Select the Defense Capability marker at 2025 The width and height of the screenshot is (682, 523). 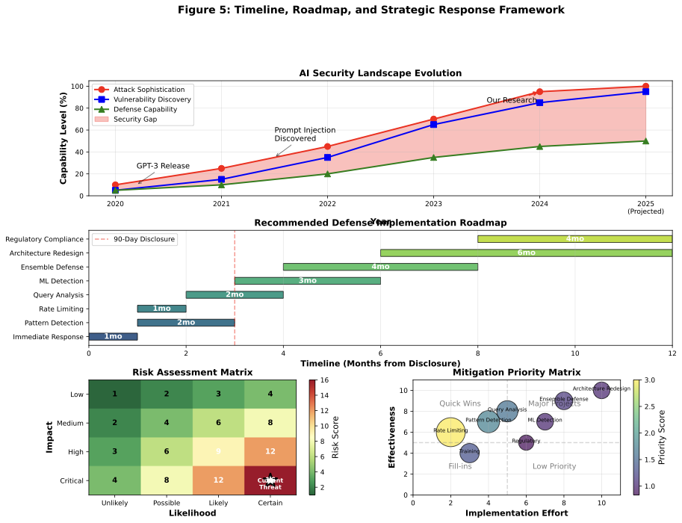645,140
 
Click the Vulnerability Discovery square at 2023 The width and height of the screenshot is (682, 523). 433,124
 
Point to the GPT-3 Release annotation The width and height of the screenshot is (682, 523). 163,166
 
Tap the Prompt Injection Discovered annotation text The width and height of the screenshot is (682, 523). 305,134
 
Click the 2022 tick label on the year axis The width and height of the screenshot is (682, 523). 327,203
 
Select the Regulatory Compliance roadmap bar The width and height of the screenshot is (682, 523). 574,239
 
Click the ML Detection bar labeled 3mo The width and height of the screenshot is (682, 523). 307,281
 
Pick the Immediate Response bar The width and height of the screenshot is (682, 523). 113,337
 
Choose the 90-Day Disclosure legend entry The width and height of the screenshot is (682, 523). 134,239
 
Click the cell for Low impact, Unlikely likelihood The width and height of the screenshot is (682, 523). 114,394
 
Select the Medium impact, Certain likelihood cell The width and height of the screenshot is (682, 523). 270,423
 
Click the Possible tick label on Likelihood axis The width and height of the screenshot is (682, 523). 167,504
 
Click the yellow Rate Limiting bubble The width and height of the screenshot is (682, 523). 450,431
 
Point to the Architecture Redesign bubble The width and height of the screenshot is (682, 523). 601,389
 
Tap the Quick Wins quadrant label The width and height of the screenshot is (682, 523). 459,404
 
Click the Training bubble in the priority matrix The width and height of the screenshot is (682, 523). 469,452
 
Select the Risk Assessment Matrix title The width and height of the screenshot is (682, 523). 192,372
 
